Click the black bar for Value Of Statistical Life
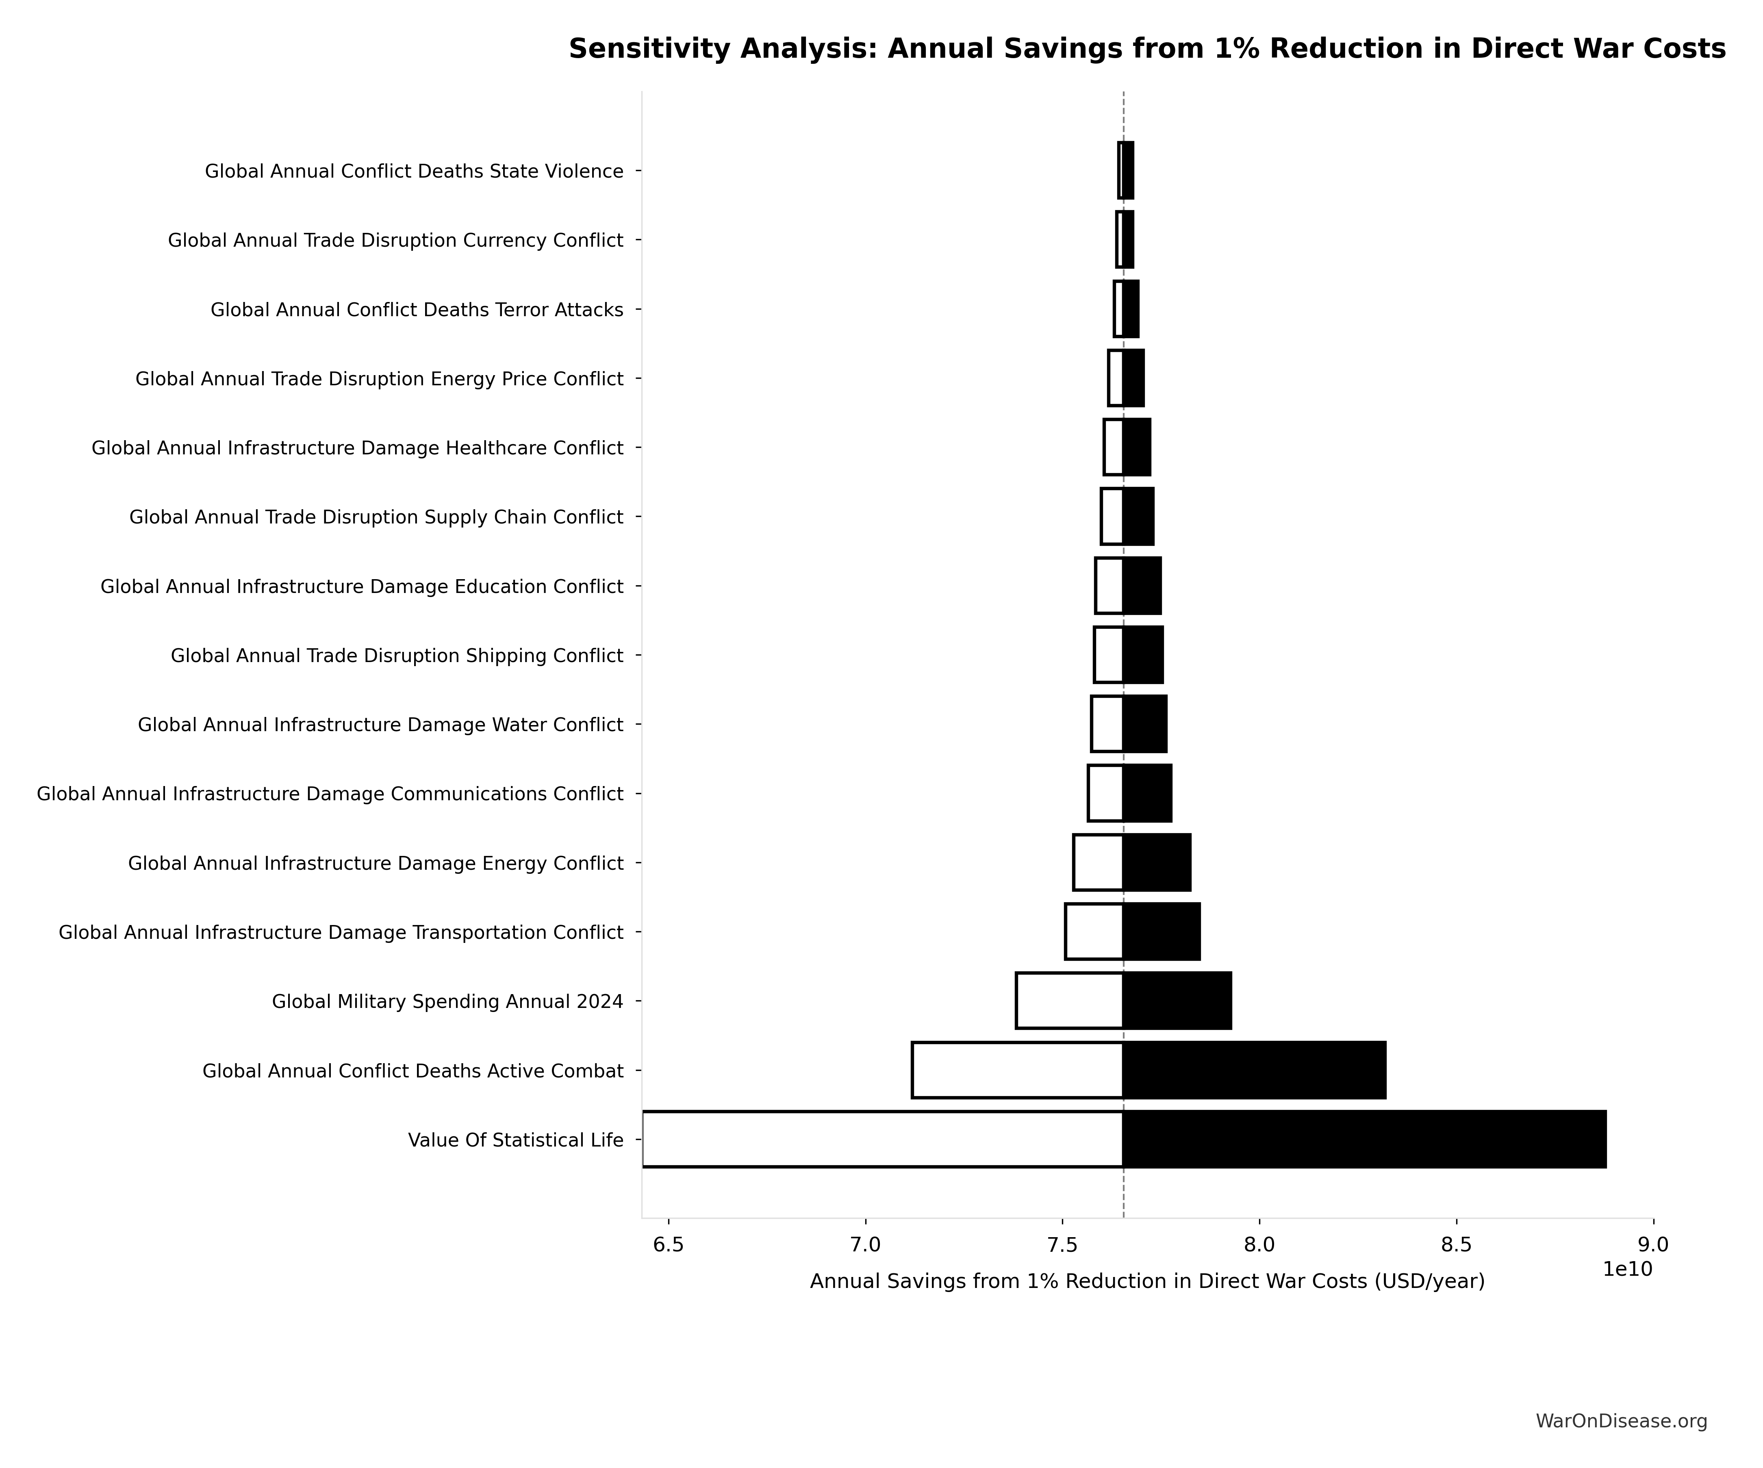pyautogui.click(x=1364, y=1139)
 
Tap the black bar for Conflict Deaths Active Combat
pyautogui.click(x=1254, y=1070)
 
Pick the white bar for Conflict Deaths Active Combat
pyautogui.click(x=1018, y=1070)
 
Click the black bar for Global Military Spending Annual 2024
pyautogui.click(x=1177, y=1001)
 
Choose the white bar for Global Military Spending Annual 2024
pyautogui.click(x=1070, y=1001)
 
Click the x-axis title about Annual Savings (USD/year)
pyautogui.click(x=1147, y=1282)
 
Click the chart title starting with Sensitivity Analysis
pyautogui.click(x=1147, y=49)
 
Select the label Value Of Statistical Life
pyautogui.click(x=515, y=1140)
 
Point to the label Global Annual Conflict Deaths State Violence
pyautogui.click(x=414, y=171)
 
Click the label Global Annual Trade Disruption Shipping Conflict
pyautogui.click(x=397, y=656)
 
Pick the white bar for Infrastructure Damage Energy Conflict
pyautogui.click(x=1098, y=862)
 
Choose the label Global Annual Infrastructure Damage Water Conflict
pyautogui.click(x=380, y=724)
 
